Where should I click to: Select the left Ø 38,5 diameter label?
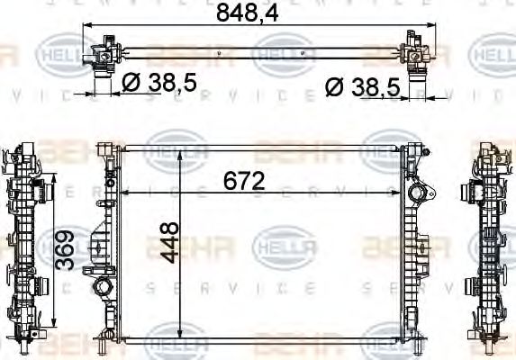point(158,84)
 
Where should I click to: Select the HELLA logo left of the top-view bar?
point(61,55)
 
